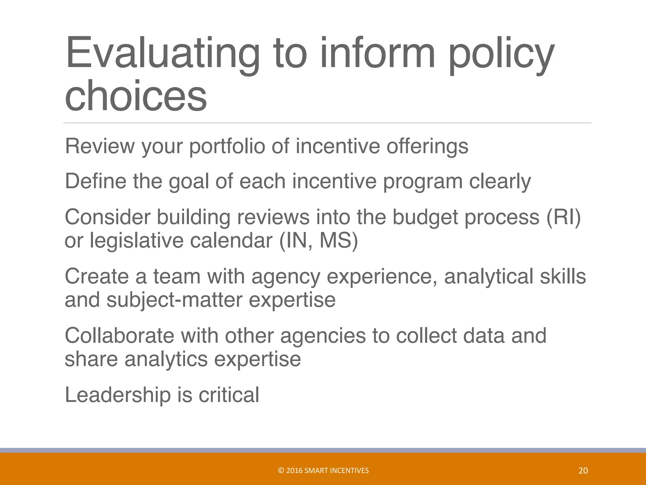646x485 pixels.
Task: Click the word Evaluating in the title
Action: point(162,54)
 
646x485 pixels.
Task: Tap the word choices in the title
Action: point(136,95)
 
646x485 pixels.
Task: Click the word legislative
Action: point(136,241)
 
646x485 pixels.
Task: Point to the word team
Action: point(177,276)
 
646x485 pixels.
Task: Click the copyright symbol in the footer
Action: point(281,470)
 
